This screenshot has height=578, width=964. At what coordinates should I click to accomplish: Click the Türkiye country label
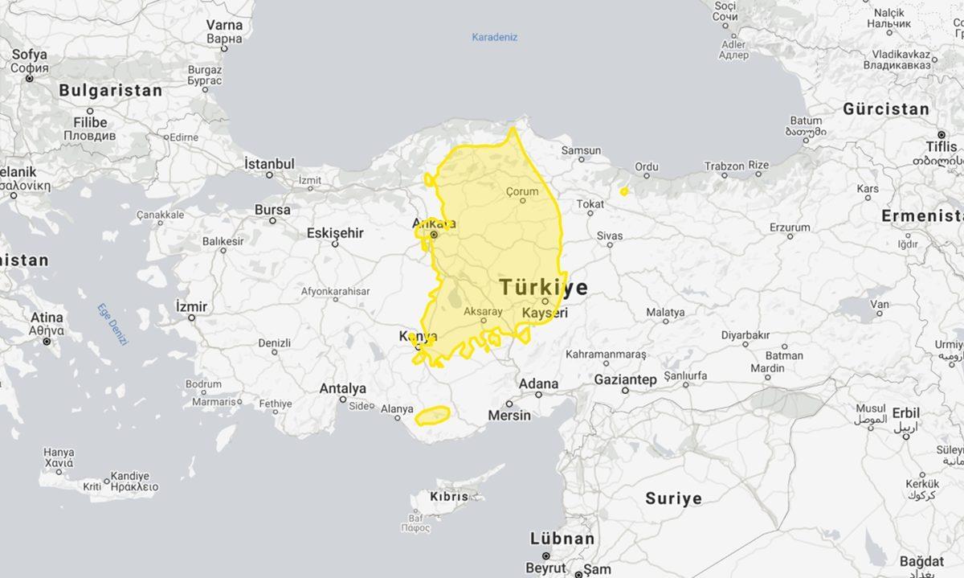(543, 288)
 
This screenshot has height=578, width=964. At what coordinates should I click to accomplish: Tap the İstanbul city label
(269, 164)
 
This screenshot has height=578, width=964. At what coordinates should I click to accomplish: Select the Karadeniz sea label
(494, 37)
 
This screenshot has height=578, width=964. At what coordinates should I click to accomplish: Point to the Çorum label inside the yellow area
(522, 191)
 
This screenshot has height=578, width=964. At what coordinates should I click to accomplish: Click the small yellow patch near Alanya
(432, 415)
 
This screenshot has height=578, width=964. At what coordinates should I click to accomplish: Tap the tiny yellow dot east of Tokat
(624, 191)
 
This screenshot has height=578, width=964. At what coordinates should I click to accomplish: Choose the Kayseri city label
(545, 312)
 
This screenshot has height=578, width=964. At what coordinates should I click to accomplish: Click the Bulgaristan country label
(110, 91)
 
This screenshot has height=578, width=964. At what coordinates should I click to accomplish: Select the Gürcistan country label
(886, 109)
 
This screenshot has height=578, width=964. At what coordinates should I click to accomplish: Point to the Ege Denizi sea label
(112, 324)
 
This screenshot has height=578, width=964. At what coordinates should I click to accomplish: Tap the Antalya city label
(342, 388)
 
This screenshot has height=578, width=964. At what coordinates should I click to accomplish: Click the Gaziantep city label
(625, 379)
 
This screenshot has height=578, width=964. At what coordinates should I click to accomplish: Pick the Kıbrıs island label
(449, 497)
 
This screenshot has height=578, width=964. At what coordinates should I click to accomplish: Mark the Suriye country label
(673, 498)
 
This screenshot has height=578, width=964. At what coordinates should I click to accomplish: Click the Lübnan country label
(562, 539)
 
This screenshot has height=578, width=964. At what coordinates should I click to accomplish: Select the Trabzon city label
(724, 166)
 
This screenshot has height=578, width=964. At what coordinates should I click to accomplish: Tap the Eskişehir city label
(335, 233)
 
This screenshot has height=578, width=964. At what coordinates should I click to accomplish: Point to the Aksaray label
(483, 311)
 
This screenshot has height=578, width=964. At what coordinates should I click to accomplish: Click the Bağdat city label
(921, 561)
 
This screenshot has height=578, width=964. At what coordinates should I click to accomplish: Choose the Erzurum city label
(790, 228)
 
